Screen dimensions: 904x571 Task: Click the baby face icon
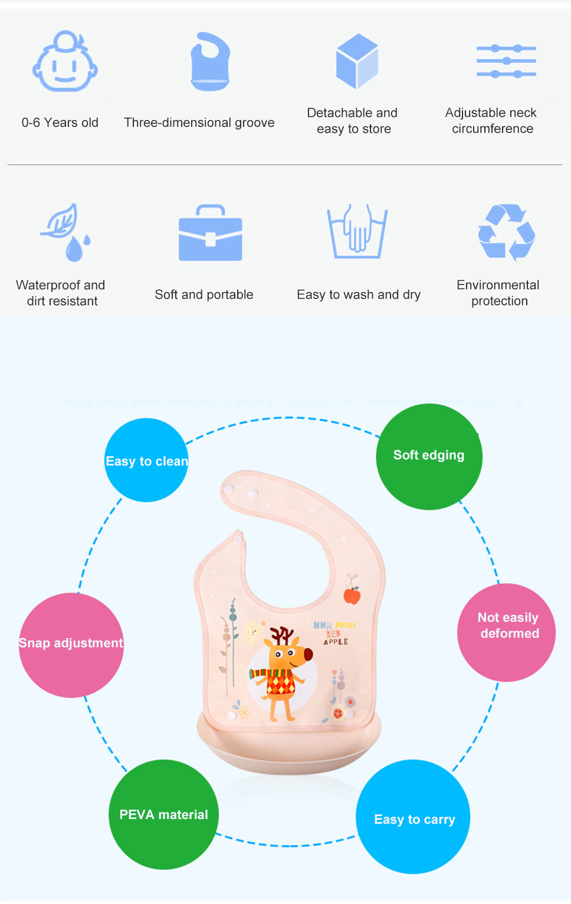[x=65, y=63]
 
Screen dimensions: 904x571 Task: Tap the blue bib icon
[x=210, y=61]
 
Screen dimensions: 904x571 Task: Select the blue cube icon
[x=357, y=61]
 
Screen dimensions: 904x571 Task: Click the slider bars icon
[x=506, y=61]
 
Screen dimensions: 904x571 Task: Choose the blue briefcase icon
[x=211, y=234]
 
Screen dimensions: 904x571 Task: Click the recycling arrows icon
[x=506, y=232]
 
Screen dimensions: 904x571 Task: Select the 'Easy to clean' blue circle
[x=146, y=460]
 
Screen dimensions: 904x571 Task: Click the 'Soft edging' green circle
[x=429, y=456]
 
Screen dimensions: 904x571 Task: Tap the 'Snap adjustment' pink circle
[x=71, y=644]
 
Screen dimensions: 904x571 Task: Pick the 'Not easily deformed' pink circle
[x=507, y=632]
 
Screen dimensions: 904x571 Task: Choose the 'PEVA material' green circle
[x=163, y=814]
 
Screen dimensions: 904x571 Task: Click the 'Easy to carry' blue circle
[x=414, y=817]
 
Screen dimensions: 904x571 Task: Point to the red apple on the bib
[x=352, y=595]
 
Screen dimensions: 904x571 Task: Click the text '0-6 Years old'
[x=60, y=123]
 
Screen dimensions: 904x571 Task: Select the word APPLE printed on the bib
[x=336, y=642]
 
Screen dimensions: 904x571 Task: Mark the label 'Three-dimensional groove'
[x=199, y=123]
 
